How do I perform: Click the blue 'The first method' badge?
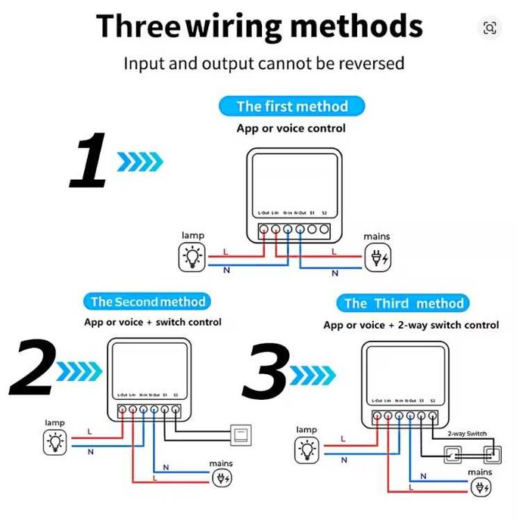[291, 106]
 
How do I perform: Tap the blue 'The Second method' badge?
[148, 302]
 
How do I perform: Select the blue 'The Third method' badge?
[403, 304]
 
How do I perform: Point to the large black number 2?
[32, 368]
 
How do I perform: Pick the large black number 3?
[266, 370]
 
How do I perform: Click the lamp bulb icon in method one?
[192, 258]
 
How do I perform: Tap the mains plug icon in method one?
[376, 259]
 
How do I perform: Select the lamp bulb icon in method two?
[54, 442]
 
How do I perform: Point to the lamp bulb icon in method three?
[307, 450]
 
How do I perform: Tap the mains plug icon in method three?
[480, 487]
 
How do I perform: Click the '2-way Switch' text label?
[467, 434]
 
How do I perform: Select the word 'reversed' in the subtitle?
[372, 63]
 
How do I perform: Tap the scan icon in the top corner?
[490, 28]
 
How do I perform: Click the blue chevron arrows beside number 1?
[140, 160]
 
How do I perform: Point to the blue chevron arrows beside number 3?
[313, 372]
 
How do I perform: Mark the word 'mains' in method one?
[376, 237]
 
